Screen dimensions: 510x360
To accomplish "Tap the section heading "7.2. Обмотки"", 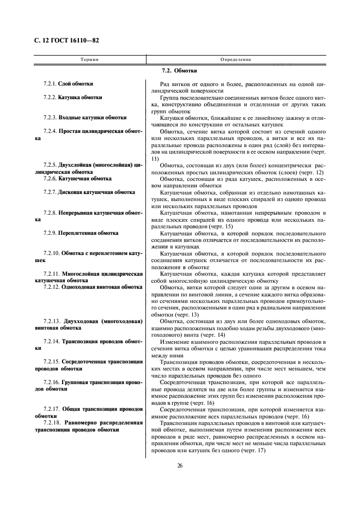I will (179, 71).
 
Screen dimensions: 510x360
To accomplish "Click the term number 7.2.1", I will (50, 84).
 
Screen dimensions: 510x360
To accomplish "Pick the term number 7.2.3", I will (50, 117).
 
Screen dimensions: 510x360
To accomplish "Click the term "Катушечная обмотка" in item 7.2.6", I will (84, 178).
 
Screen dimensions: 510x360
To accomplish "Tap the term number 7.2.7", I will (50, 192).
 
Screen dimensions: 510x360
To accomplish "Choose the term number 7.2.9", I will (50, 233).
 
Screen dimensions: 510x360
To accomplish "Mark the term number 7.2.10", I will (51, 253).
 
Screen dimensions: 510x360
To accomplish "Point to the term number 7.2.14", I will (51, 341).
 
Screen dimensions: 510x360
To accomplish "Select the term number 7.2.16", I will (51, 382).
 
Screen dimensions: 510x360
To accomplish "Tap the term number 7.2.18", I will (51, 422).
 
